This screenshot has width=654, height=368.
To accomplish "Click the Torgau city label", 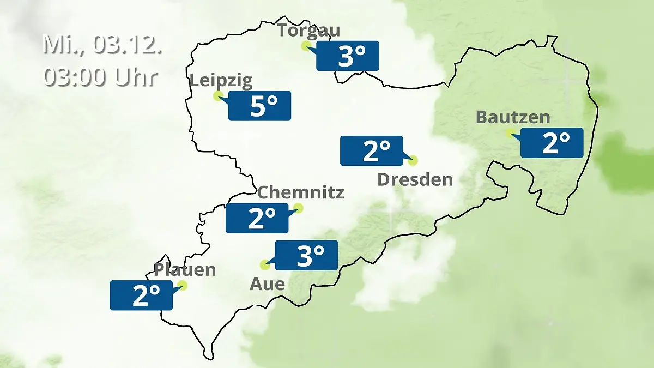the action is pyautogui.click(x=309, y=29).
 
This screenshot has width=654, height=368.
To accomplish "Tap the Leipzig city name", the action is pyautogui.click(x=221, y=81).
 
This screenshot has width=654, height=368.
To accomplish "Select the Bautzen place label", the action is pyautogui.click(x=513, y=117).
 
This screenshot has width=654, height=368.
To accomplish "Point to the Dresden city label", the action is pyautogui.click(x=415, y=179).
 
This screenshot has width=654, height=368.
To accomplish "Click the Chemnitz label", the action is pyautogui.click(x=300, y=192).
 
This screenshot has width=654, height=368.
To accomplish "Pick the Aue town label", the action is pyautogui.click(x=267, y=283).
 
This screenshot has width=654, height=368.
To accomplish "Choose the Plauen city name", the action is pyautogui.click(x=185, y=269).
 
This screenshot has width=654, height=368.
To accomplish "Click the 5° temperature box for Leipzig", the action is pyautogui.click(x=259, y=106).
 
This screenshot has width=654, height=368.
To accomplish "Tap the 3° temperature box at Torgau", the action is pyautogui.click(x=348, y=56).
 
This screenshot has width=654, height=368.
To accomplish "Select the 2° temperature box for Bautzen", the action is pyautogui.click(x=552, y=143).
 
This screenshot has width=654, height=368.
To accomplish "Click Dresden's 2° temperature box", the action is pyautogui.click(x=372, y=150).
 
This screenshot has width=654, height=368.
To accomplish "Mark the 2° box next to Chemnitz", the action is pyautogui.click(x=257, y=218).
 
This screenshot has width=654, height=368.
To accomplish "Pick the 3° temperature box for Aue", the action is pyautogui.click(x=306, y=255).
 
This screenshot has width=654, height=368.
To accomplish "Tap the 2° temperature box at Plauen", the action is pyautogui.click(x=141, y=295).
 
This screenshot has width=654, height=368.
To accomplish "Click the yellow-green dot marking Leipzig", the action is pyautogui.click(x=218, y=96).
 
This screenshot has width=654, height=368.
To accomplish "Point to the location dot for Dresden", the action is pyautogui.click(x=413, y=160).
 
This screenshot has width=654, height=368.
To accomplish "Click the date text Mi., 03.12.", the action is pyautogui.click(x=102, y=45).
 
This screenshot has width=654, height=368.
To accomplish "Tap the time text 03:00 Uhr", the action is pyautogui.click(x=100, y=77).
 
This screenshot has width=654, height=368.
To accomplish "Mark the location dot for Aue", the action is pyautogui.click(x=265, y=265).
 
